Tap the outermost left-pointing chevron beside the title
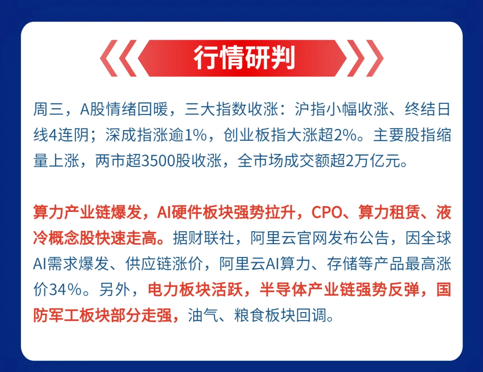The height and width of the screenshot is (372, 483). [107, 58]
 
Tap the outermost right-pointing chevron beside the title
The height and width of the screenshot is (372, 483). [376, 58]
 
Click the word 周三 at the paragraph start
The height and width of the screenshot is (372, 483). [43, 110]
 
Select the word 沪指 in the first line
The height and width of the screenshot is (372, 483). [306, 110]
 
